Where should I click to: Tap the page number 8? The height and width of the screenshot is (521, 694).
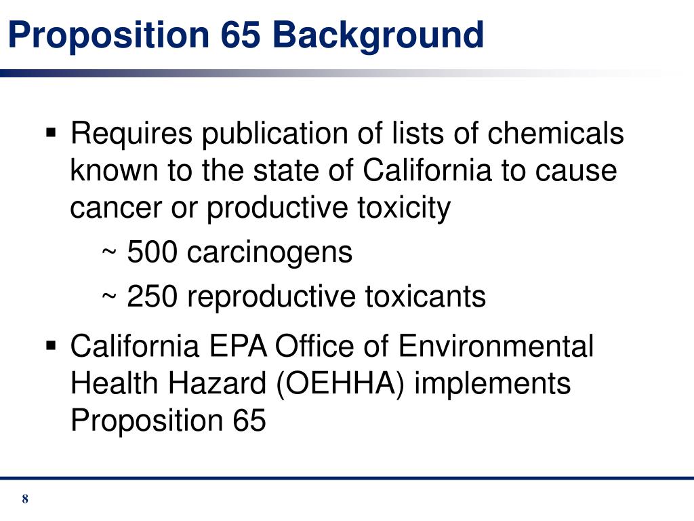point(25,500)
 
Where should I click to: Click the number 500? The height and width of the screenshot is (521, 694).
point(152,252)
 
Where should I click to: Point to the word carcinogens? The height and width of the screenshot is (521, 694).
point(270,252)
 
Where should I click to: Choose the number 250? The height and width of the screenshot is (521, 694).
point(152,297)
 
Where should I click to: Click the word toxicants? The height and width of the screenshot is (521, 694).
point(426,297)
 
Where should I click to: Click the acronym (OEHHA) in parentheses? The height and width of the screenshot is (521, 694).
point(342,384)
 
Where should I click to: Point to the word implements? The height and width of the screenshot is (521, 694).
point(492,384)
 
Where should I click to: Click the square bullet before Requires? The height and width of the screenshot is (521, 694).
point(52,130)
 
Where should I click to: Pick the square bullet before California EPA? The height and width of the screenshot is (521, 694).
point(52,346)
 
